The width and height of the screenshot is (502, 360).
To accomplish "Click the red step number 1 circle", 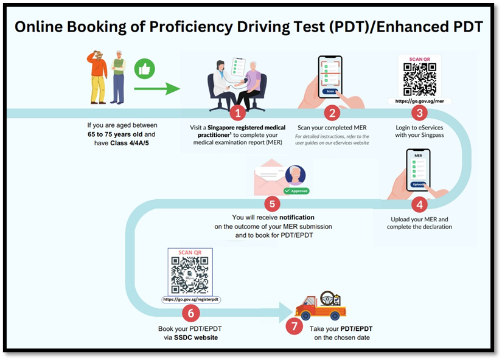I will point(238,112).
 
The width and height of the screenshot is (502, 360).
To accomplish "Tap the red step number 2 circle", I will point(332,112).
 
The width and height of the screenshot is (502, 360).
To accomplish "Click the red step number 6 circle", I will point(191,313).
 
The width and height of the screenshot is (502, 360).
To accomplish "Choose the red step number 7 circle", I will point(295,327).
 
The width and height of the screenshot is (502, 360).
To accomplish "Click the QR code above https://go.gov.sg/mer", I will point(419,76).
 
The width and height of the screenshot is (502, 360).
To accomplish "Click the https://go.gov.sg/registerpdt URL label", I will point(191,300).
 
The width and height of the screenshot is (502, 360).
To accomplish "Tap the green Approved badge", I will point(296,190).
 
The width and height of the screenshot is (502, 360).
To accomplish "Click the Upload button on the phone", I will point(418,183).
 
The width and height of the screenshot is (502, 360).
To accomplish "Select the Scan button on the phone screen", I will point(330,91).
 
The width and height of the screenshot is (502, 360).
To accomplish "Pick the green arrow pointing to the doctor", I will point(157,89).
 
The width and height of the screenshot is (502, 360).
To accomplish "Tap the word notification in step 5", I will point(297,217).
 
